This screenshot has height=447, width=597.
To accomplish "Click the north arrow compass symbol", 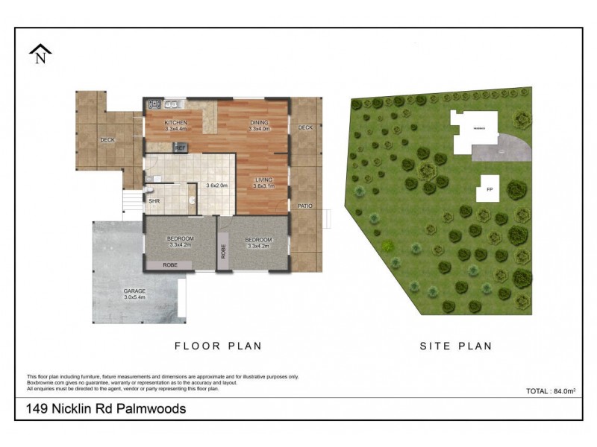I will pos(39,54).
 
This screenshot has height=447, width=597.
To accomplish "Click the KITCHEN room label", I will pos(175,122).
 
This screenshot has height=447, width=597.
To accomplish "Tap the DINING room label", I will pos(259,122).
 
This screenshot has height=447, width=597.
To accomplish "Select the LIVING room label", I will pos(263,180).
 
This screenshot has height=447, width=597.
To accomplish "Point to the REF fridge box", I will pos(179,148).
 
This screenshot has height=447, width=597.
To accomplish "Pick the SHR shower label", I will pos(154,200).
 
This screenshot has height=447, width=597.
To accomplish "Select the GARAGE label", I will pos(136,291).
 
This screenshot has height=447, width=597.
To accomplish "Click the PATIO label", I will pos(304,206).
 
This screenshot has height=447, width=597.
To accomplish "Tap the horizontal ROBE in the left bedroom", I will pos(170,264).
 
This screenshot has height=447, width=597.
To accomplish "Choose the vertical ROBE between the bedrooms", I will pos(223,250).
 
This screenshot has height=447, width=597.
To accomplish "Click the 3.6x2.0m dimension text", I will pos(216,186).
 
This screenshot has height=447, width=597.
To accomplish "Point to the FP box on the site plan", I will pos(490,189).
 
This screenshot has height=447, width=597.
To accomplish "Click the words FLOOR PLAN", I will pos(218,346).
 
